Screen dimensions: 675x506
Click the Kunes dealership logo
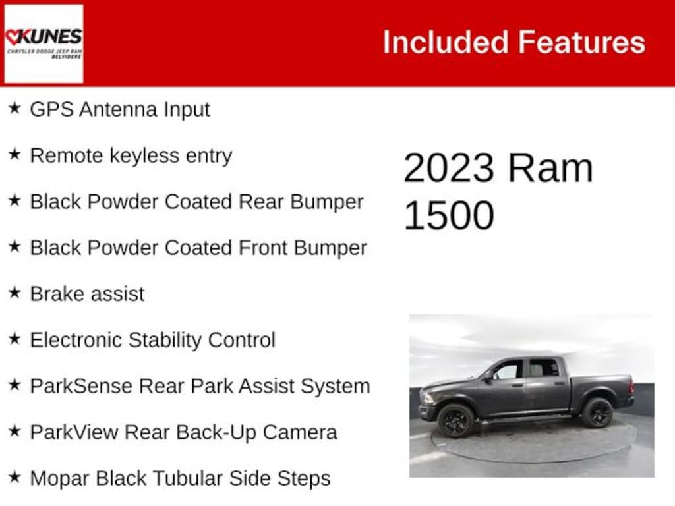pyautogui.click(x=44, y=43)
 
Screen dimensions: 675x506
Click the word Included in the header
pyautogui.click(x=446, y=42)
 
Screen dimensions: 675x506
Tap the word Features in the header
pyautogui.click(x=581, y=42)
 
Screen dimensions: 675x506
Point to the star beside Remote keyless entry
pyautogui.click(x=15, y=154)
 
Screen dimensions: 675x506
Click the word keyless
pyautogui.click(x=144, y=155)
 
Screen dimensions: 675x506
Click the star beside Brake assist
pyautogui.click(x=15, y=293)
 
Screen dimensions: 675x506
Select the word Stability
pyautogui.click(x=165, y=341)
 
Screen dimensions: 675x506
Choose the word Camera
pyautogui.click(x=300, y=432)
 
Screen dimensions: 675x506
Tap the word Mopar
pyautogui.click(x=59, y=479)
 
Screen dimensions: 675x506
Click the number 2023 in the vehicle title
pyautogui.click(x=448, y=168)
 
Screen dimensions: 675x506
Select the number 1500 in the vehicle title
pyautogui.click(x=449, y=215)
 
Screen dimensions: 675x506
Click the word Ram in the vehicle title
pyautogui.click(x=550, y=168)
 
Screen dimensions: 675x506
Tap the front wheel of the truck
pyautogui.click(x=455, y=420)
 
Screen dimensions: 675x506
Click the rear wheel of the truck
pyautogui.click(x=597, y=412)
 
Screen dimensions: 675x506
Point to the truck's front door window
pyautogui.click(x=508, y=370)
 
